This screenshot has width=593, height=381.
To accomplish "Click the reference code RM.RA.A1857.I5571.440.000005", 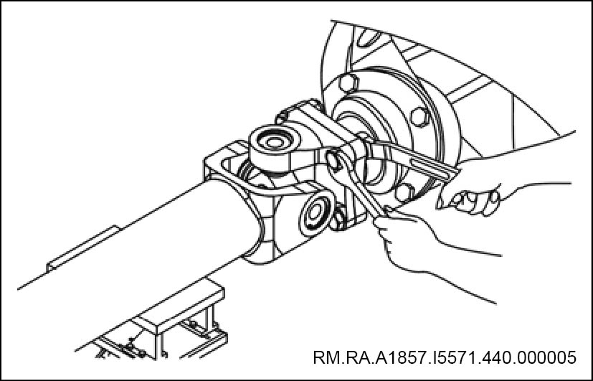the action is (445, 357).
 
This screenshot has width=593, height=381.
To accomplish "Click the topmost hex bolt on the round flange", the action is (348, 83).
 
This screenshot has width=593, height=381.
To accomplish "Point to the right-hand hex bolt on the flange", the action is (419, 117).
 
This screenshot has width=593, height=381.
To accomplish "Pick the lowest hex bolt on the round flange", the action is (404, 192).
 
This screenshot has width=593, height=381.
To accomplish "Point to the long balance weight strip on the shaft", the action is (82, 248).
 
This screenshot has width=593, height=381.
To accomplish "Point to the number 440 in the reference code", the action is (497, 357).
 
